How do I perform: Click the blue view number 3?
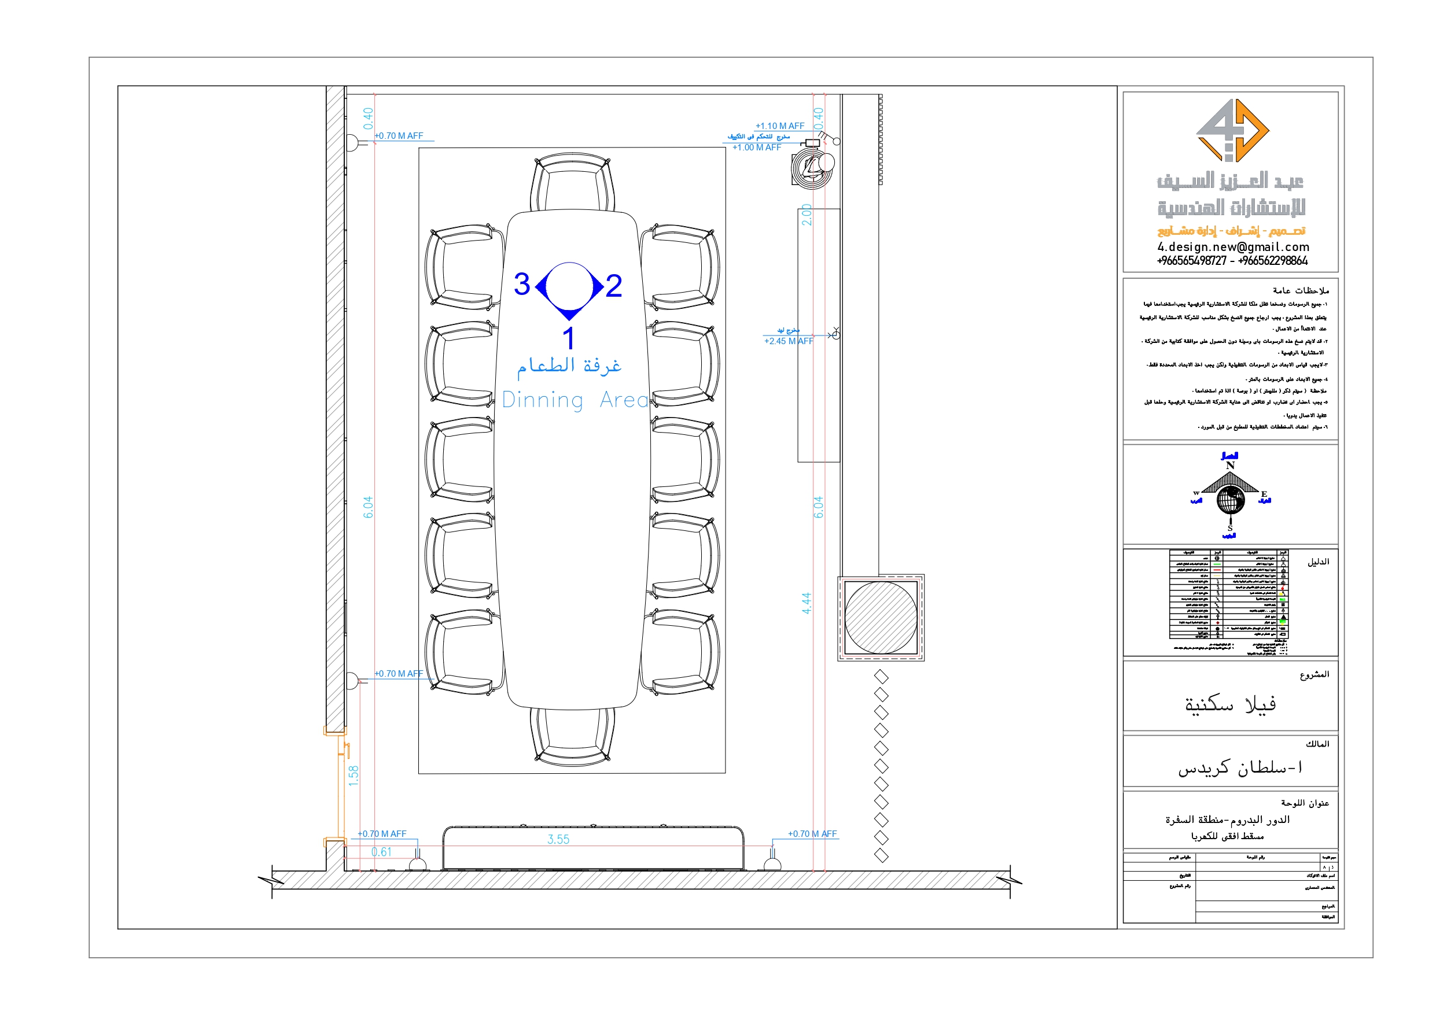[522, 285]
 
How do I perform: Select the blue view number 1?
[568, 338]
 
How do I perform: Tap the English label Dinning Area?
[576, 400]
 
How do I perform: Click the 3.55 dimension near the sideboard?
[558, 839]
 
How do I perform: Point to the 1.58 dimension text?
[354, 776]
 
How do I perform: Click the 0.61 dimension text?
[381, 852]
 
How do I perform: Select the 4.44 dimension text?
[806, 603]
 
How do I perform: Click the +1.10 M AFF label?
[779, 126]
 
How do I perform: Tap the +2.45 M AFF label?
[788, 341]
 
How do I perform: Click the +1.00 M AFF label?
[756, 147]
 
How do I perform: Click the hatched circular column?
[881, 618]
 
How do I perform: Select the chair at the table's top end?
[572, 183]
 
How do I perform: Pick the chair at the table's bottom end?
[572, 736]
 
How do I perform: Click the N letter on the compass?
[1229, 466]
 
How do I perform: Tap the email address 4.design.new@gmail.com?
[1233, 247]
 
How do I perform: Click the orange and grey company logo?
[1232, 130]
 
